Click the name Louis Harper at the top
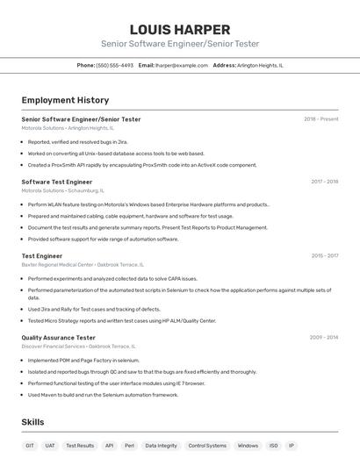click(179, 30)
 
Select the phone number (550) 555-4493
click(115, 65)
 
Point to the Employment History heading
click(65, 100)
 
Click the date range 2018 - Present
click(320, 119)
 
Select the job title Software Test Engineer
click(57, 182)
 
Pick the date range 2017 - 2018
click(324, 182)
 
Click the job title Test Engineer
click(42, 256)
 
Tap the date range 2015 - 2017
click(324, 256)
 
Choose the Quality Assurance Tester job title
click(59, 337)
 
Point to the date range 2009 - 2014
click(324, 337)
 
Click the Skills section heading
click(32, 422)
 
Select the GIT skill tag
click(30, 446)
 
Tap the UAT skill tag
click(50, 446)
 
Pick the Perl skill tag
click(129, 446)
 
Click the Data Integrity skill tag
click(162, 446)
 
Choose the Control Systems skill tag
click(207, 446)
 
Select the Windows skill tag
click(248, 446)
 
